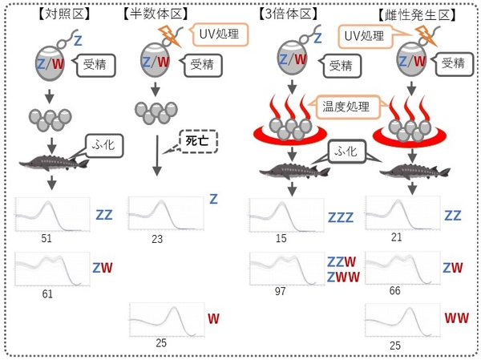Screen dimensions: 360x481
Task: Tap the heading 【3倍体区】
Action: [x=290, y=13]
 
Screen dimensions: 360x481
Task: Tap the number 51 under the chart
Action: [x=46, y=238]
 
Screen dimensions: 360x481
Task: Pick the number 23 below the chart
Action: [x=157, y=238]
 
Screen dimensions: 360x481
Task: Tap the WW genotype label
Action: [x=457, y=318]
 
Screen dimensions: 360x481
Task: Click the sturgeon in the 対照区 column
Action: [x=50, y=167]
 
